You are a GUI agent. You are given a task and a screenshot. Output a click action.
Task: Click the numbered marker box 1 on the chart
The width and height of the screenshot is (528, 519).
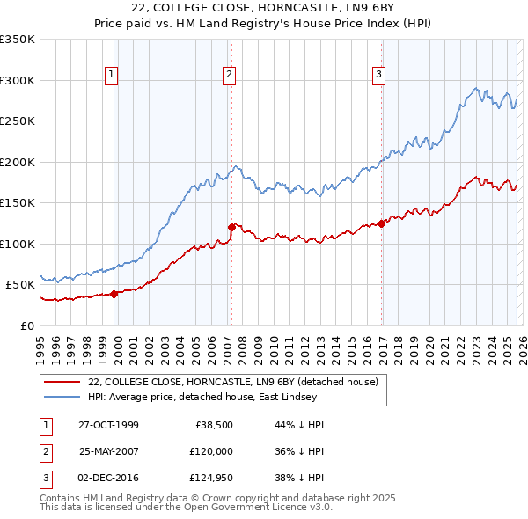click(x=113, y=76)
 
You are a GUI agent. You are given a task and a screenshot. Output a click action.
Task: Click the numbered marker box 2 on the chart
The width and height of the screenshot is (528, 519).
click(x=228, y=76)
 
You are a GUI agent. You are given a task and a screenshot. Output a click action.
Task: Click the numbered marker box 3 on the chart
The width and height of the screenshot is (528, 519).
click(x=379, y=76)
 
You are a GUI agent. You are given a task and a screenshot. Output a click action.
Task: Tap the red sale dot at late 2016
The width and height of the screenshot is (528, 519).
click(x=381, y=223)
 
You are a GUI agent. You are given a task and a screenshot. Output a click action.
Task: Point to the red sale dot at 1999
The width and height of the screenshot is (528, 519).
click(x=114, y=294)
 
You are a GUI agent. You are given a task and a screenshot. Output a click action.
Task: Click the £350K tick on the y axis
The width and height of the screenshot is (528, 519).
click(x=18, y=40)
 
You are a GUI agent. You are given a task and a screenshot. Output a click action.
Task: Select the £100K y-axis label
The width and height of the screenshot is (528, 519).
click(x=18, y=244)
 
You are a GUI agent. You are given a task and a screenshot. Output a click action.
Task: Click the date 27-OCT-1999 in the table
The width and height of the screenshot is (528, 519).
click(x=109, y=425)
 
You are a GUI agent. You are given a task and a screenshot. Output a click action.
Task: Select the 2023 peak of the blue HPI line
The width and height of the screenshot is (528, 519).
click(x=476, y=88)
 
